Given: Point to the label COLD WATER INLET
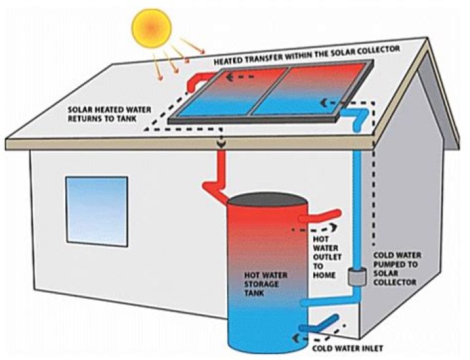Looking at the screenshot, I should pos(348,348).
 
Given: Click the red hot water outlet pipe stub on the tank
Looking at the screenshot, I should pos(323,216).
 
